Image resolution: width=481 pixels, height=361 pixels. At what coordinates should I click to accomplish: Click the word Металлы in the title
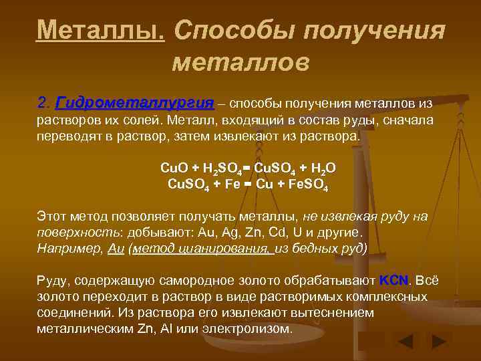tap(101, 29)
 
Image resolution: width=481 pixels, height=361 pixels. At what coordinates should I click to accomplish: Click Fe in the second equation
tap(232, 183)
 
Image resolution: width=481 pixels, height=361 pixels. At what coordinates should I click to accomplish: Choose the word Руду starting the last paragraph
tap(53, 280)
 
